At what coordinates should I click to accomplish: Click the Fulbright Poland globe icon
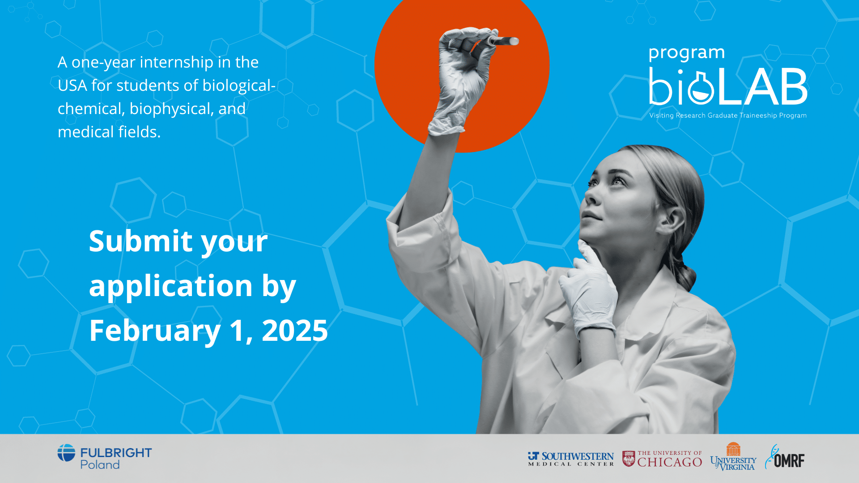pos(66,453)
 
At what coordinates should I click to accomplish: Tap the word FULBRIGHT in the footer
pos(116,453)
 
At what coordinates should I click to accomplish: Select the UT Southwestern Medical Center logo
pos(571,459)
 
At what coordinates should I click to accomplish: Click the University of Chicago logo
pos(662,459)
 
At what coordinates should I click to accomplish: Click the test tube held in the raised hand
pos(504,41)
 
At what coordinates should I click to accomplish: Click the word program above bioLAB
pos(686,53)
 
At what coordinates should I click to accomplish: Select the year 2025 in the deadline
pos(295,331)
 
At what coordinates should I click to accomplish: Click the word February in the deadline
pos(155,331)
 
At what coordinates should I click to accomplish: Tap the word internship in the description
pos(176,62)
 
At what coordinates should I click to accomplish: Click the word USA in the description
pos(72,85)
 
